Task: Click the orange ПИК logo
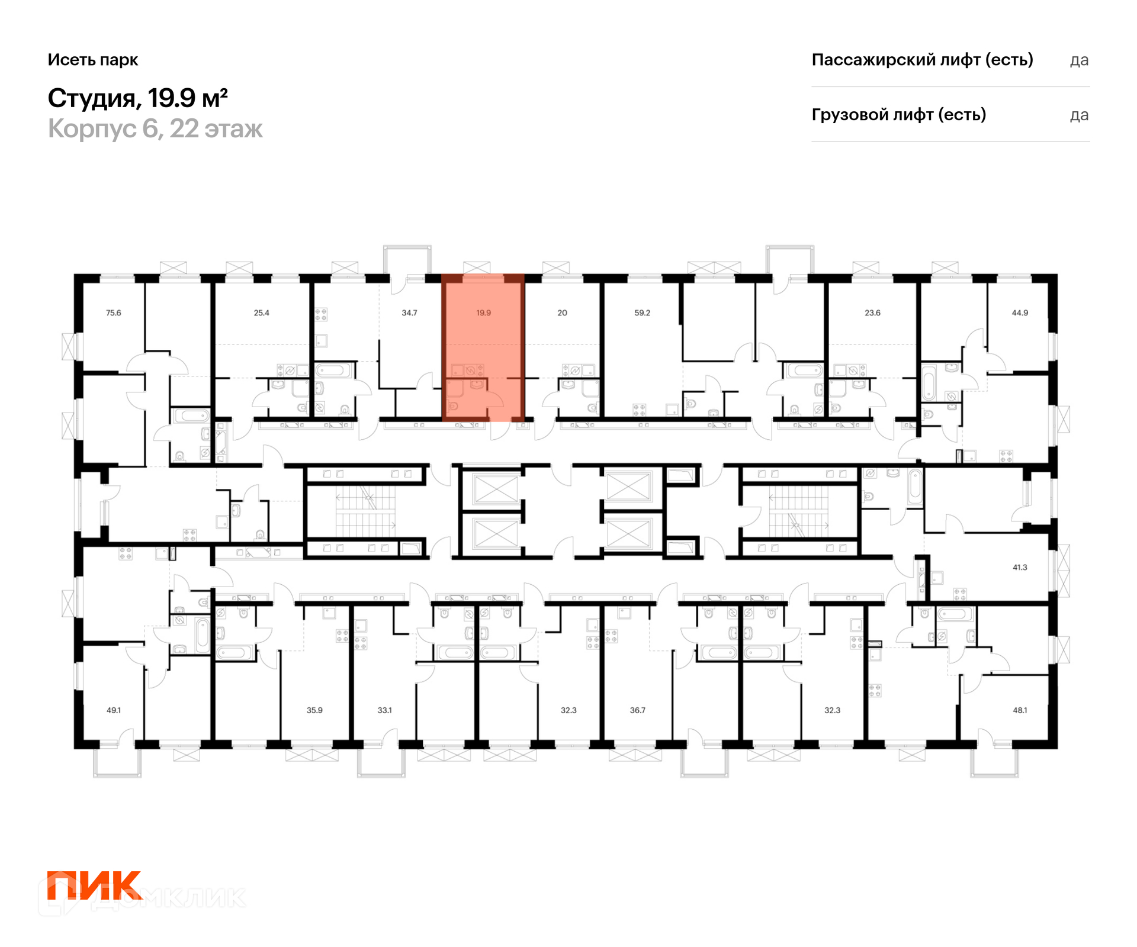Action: click(x=95, y=885)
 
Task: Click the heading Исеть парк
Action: click(x=93, y=60)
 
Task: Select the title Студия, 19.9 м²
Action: click(x=138, y=98)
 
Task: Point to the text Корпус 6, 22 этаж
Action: click(x=155, y=128)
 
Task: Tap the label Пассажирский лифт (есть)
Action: click(x=922, y=60)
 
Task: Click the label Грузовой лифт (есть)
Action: click(x=899, y=114)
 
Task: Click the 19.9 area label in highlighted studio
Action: click(x=483, y=313)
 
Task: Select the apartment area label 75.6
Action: click(x=113, y=313)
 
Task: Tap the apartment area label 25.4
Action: click(x=261, y=313)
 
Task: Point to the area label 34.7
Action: click(x=409, y=313)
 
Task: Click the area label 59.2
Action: click(x=642, y=313)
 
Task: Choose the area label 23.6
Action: click(x=872, y=313)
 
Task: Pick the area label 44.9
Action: click(x=1020, y=313)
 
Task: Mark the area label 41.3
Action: click(x=1020, y=567)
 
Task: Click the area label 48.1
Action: click(x=1020, y=710)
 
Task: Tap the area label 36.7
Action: click(x=637, y=710)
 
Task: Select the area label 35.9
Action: click(x=314, y=710)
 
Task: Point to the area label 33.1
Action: click(x=384, y=710)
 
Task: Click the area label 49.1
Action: click(x=113, y=710)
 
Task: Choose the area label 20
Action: click(x=562, y=313)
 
